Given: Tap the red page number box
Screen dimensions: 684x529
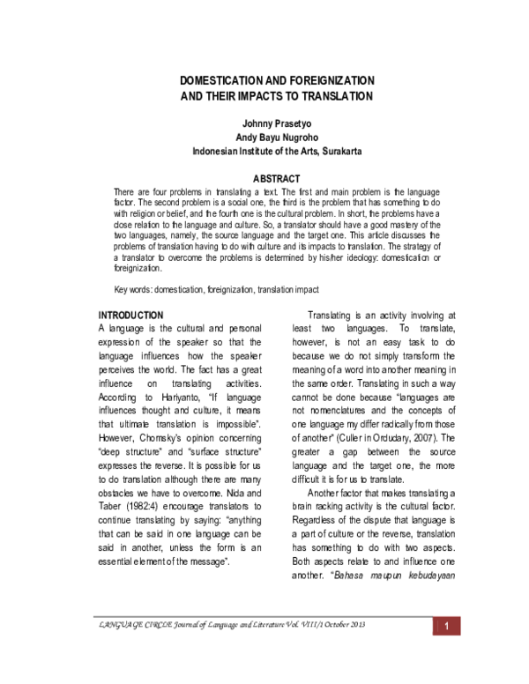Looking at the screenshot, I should tap(447, 651).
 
